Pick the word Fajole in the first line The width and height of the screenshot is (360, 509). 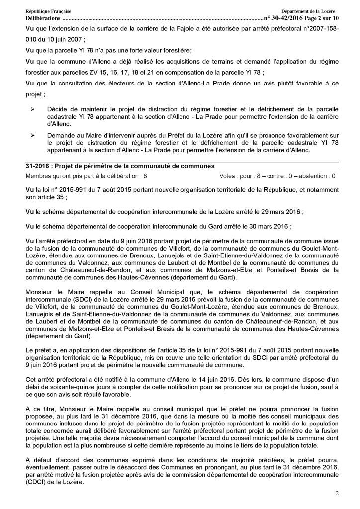pyautogui.click(x=186, y=28)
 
